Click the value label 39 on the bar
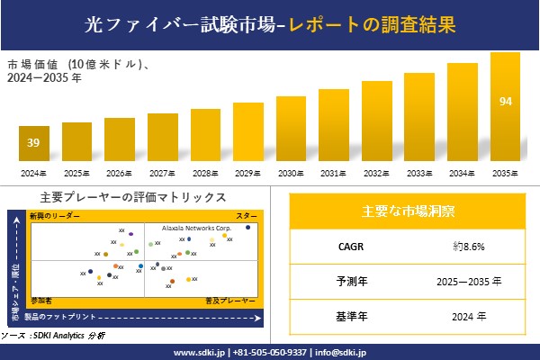tap(33, 142)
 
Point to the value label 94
tap(505, 100)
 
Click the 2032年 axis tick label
tap(376, 173)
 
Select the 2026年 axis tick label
tap(119, 173)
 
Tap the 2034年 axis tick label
tap(462, 173)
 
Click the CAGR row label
tap(347, 246)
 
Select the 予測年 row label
tap(347, 281)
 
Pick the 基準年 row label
tap(347, 316)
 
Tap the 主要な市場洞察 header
tap(408, 211)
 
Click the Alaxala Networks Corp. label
tap(197, 229)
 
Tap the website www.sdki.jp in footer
tap(198, 352)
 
